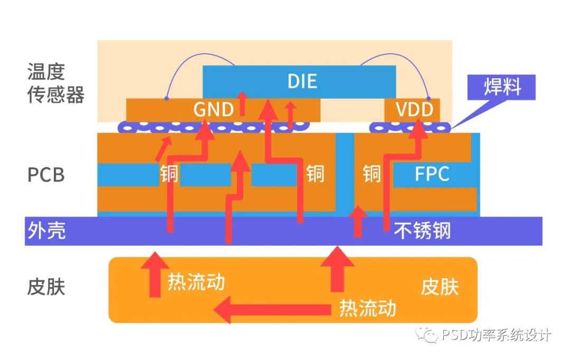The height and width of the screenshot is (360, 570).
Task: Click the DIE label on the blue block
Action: point(302,81)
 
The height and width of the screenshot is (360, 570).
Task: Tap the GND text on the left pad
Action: point(213,110)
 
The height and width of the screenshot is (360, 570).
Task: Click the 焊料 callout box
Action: point(502,87)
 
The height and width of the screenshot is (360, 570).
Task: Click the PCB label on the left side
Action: point(46,175)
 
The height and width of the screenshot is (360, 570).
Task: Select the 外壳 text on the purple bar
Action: point(46,231)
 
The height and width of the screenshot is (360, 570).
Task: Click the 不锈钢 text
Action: point(422,231)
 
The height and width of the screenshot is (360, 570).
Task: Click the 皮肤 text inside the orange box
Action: point(439,288)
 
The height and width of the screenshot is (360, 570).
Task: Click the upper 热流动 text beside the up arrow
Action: point(196,281)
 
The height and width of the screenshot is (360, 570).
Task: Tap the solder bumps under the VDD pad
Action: point(410,127)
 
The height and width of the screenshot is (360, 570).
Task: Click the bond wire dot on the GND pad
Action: point(166,98)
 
